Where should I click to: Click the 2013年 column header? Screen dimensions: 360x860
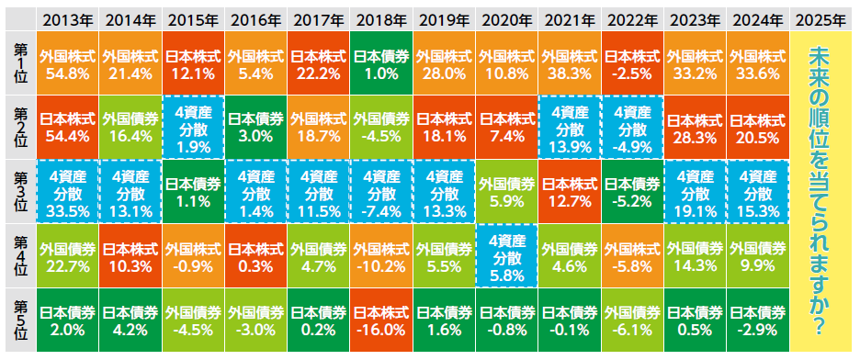tap(68, 18)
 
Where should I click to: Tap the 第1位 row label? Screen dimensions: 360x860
tap(19, 63)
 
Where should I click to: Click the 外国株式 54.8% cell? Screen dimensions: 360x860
tap(68, 63)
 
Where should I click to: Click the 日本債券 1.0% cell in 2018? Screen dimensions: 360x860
tap(381, 63)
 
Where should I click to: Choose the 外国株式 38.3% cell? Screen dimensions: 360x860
tap(570, 63)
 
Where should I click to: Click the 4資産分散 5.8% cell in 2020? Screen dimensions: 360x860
tap(507, 255)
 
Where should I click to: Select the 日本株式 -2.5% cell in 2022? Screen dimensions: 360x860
tap(632, 63)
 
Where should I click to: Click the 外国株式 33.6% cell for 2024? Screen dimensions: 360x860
tap(758, 63)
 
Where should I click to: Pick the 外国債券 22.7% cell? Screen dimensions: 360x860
tap(68, 255)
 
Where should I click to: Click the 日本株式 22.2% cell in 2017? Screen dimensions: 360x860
tap(319, 63)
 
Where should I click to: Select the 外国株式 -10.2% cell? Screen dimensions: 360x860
tap(381, 255)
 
